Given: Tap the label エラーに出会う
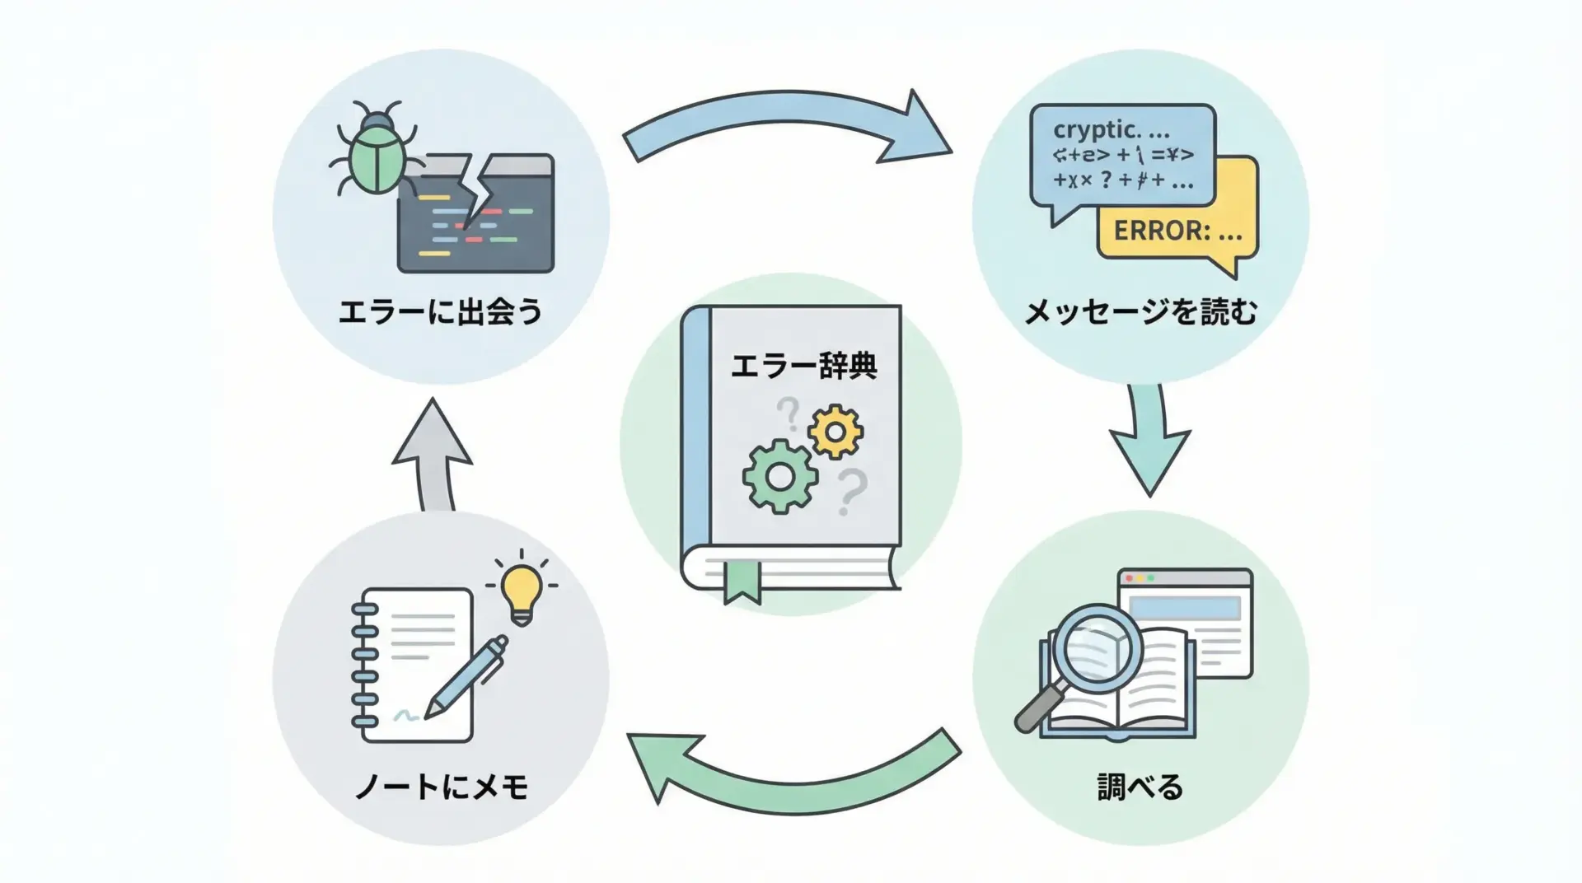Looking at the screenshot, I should click(x=441, y=313).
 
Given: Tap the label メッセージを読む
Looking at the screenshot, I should click(x=1140, y=313).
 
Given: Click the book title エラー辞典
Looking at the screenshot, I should click(x=803, y=366).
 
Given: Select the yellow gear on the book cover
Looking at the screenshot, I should click(x=835, y=432).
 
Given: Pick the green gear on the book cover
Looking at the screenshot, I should click(x=779, y=476).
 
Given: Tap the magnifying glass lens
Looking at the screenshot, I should click(x=1099, y=647).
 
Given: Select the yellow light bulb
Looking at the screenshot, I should click(x=522, y=591).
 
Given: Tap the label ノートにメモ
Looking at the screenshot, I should click(x=441, y=787).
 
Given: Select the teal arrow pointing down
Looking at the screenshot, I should click(x=1149, y=445).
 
